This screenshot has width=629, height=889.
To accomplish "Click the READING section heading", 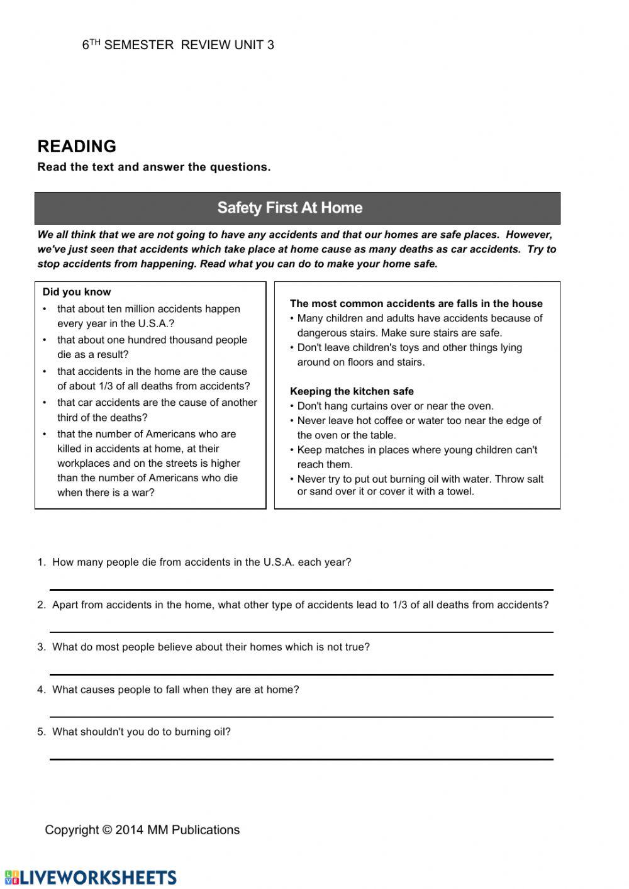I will (x=77, y=147).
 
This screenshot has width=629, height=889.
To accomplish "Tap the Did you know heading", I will (x=76, y=292).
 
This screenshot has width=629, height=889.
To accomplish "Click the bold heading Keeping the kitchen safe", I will (x=352, y=391).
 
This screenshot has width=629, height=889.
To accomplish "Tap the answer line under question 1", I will (x=301, y=589).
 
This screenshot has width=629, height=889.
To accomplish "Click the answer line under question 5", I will (x=301, y=759).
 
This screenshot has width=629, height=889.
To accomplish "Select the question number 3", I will (x=41, y=647).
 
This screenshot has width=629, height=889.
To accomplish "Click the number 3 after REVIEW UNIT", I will (x=270, y=45).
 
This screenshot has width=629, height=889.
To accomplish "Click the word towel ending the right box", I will (x=459, y=491).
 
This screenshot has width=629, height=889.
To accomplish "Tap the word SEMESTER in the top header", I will (x=139, y=45).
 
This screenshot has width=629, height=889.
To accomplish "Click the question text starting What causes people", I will (x=175, y=690).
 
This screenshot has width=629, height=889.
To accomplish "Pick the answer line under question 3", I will (x=301, y=674).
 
